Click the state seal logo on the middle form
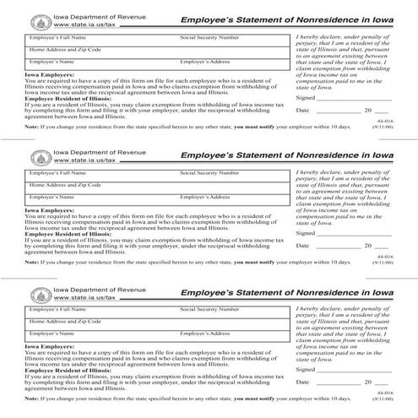[39, 157]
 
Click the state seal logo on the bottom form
[39, 294]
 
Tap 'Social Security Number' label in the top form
[209, 38]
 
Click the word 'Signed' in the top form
[306, 98]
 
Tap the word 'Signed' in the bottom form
[306, 371]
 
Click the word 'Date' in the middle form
[303, 247]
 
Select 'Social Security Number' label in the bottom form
[209, 311]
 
